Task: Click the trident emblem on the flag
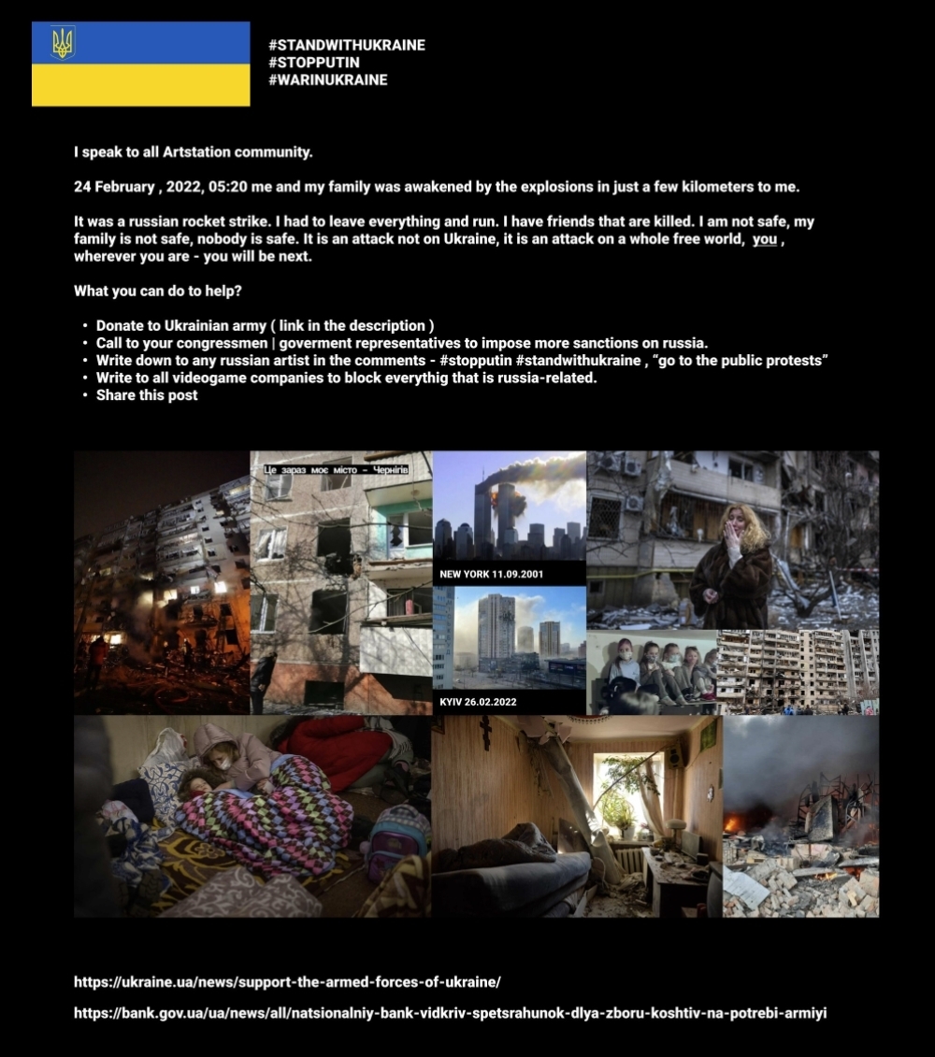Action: pos(63,42)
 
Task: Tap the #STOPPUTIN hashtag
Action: pos(313,63)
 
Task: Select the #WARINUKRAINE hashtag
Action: pos(327,79)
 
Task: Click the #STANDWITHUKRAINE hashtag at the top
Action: pos(346,45)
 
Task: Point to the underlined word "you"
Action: pos(765,239)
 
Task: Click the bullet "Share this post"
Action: pos(147,394)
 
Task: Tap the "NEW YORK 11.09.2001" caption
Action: pos(491,574)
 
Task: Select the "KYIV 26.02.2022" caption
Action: pos(478,701)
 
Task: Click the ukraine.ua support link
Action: pos(287,981)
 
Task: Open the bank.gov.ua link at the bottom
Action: pos(450,1012)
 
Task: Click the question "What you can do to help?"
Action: pos(158,291)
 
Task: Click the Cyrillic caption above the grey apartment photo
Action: pos(336,469)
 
